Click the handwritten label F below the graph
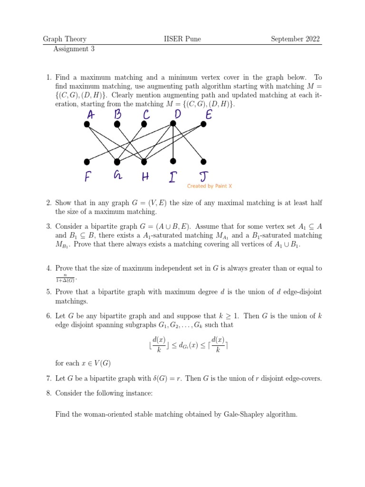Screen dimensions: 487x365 click(87, 177)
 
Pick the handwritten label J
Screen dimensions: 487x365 click(203, 177)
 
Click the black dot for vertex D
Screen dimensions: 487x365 click(173, 124)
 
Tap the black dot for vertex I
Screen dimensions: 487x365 click(173, 161)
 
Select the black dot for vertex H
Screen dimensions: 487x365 click(144, 161)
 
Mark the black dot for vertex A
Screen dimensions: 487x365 click(86, 125)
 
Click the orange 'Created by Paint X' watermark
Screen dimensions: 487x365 click(209, 186)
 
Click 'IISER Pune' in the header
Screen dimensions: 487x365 click(182, 39)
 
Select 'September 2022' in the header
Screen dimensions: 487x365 click(295, 39)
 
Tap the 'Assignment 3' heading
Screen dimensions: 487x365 click(74, 49)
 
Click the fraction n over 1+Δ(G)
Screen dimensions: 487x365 click(65, 279)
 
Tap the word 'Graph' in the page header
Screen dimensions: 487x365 click(53, 39)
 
